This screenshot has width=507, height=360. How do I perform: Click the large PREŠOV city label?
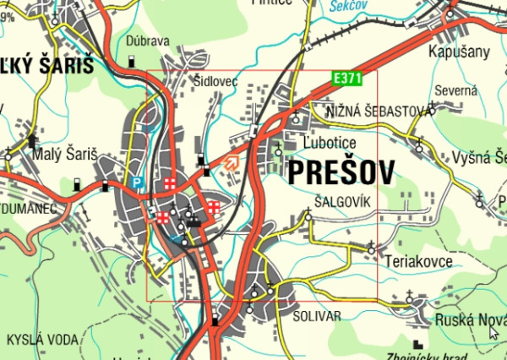tap(341, 173)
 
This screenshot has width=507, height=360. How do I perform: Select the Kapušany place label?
tap(460, 52)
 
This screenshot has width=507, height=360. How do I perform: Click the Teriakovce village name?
tap(418, 261)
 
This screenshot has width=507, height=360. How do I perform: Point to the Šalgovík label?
tap(341, 203)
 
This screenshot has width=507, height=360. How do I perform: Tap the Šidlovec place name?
tap(216, 81)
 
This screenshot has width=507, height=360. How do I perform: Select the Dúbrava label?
tap(148, 41)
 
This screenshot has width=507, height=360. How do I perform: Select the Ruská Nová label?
tap(469, 320)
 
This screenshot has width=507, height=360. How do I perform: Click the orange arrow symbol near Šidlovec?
tap(231, 162)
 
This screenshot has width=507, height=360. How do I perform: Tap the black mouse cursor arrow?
tap(494, 332)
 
